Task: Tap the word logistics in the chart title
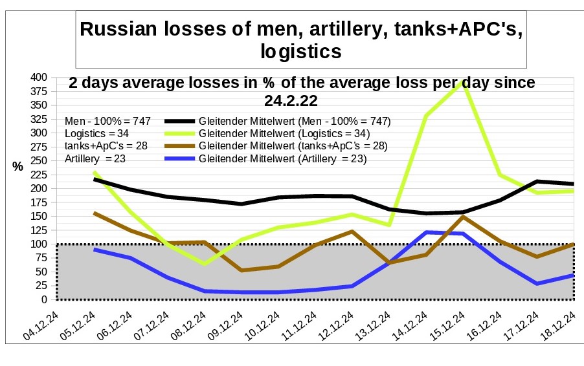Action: [x=300, y=52]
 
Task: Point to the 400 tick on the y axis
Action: [x=38, y=77]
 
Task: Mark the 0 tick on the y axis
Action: [x=43, y=299]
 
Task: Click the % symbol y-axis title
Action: [x=17, y=167]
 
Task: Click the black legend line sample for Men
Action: [x=179, y=121]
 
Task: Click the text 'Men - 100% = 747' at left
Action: [x=107, y=121]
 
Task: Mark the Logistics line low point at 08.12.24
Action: [x=205, y=264]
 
